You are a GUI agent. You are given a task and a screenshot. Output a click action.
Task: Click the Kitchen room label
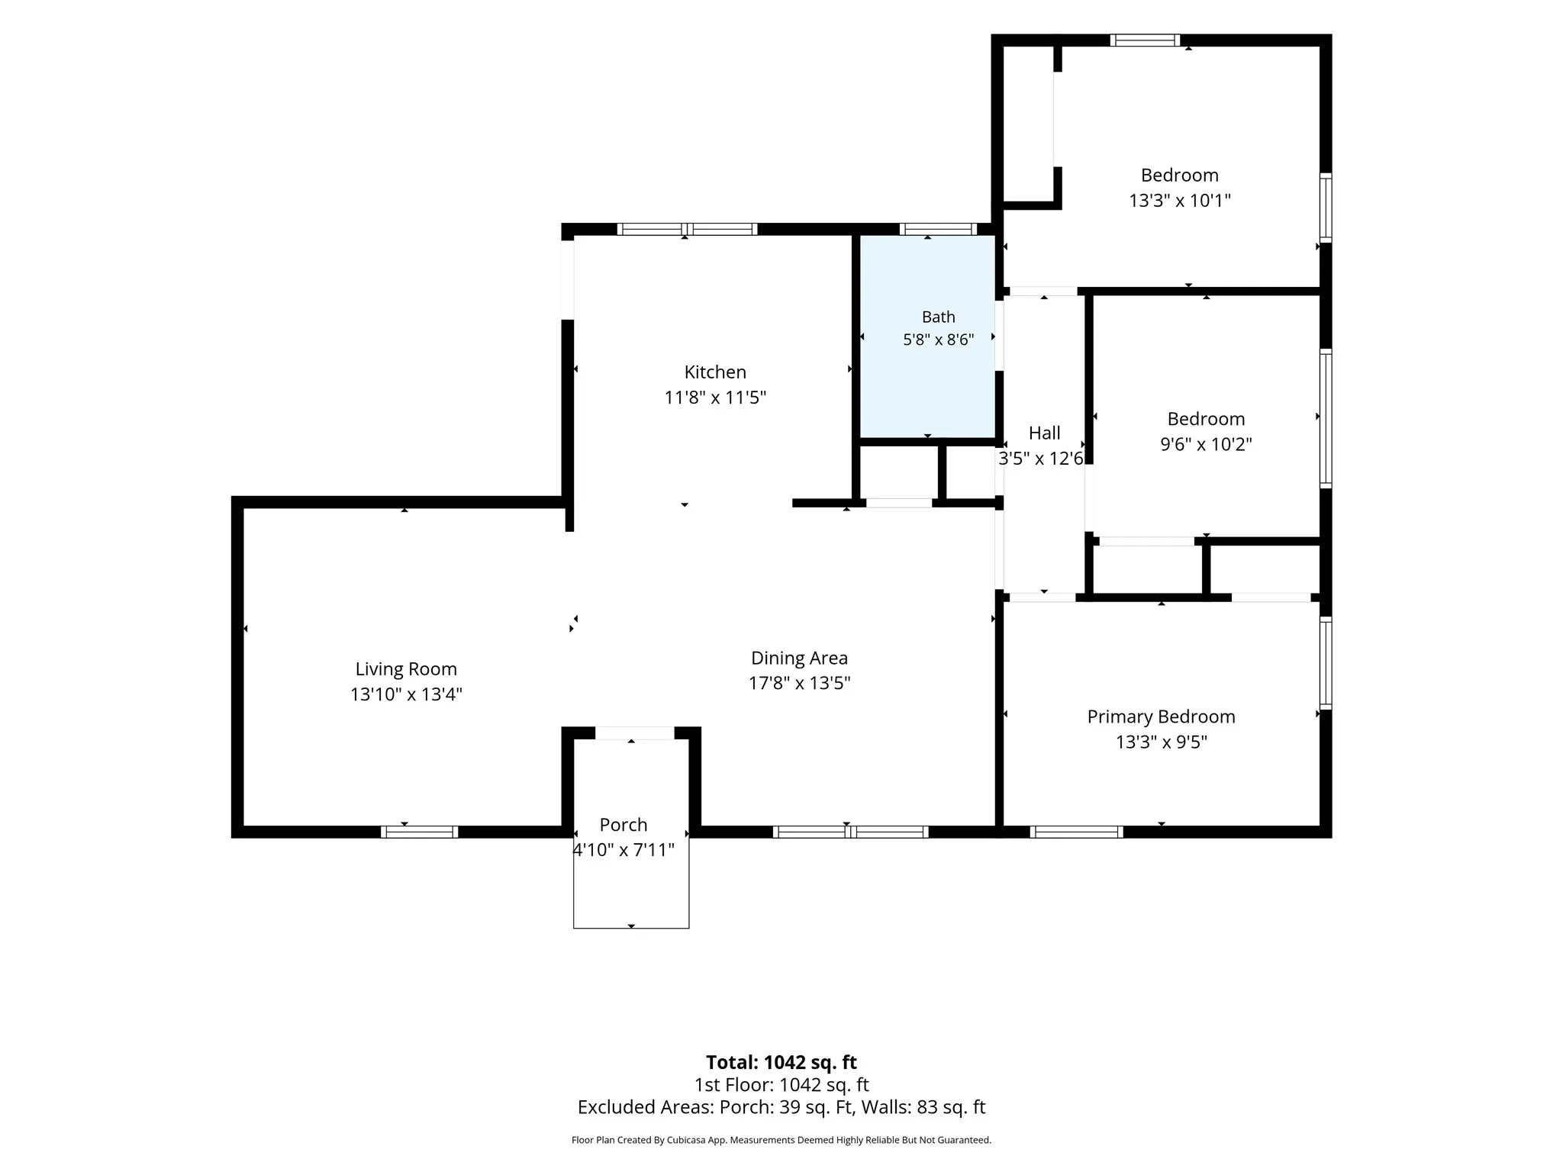coord(715,372)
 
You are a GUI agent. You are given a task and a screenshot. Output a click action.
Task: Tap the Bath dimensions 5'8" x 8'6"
coord(938,340)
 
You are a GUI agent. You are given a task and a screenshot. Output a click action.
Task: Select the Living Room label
coord(406,669)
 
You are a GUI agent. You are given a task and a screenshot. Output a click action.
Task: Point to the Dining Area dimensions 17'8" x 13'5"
coord(799,683)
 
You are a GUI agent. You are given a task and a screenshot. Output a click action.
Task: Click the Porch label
coord(624,825)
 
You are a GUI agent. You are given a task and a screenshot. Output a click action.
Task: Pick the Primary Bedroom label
coord(1161,717)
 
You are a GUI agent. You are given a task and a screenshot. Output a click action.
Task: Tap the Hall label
coord(1044,433)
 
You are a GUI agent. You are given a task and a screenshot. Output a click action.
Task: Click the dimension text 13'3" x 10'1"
coord(1180,201)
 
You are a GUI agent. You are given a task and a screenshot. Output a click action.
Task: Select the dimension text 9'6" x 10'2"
coord(1206,444)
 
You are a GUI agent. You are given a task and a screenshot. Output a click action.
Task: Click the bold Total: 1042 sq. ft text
coord(781,1062)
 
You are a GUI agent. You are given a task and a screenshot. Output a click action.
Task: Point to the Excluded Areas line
coord(781,1107)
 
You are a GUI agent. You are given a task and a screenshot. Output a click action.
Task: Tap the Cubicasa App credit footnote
coord(781,1140)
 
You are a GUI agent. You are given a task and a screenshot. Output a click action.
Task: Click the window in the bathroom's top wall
coord(938,229)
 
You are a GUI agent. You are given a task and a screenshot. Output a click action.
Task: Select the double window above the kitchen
coord(687,229)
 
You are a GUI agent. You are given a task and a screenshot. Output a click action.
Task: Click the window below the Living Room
coord(419,832)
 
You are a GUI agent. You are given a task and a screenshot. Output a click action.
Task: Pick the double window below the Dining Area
coord(850,832)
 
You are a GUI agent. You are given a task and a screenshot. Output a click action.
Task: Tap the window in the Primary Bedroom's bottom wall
coord(1076,832)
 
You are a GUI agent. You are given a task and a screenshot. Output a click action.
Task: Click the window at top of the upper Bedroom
coord(1145,40)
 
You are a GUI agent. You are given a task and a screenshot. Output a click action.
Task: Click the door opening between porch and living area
coord(634,733)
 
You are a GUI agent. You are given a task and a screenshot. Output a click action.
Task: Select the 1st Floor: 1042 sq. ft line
coord(781,1085)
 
